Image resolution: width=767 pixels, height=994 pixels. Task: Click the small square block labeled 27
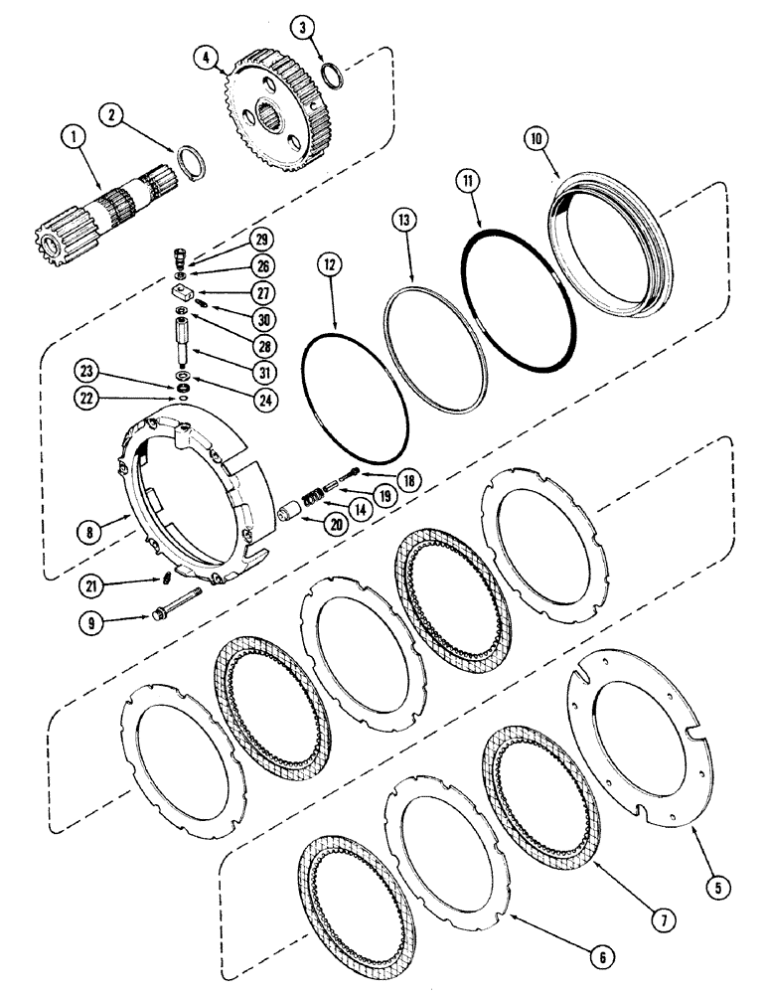pos(180,291)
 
